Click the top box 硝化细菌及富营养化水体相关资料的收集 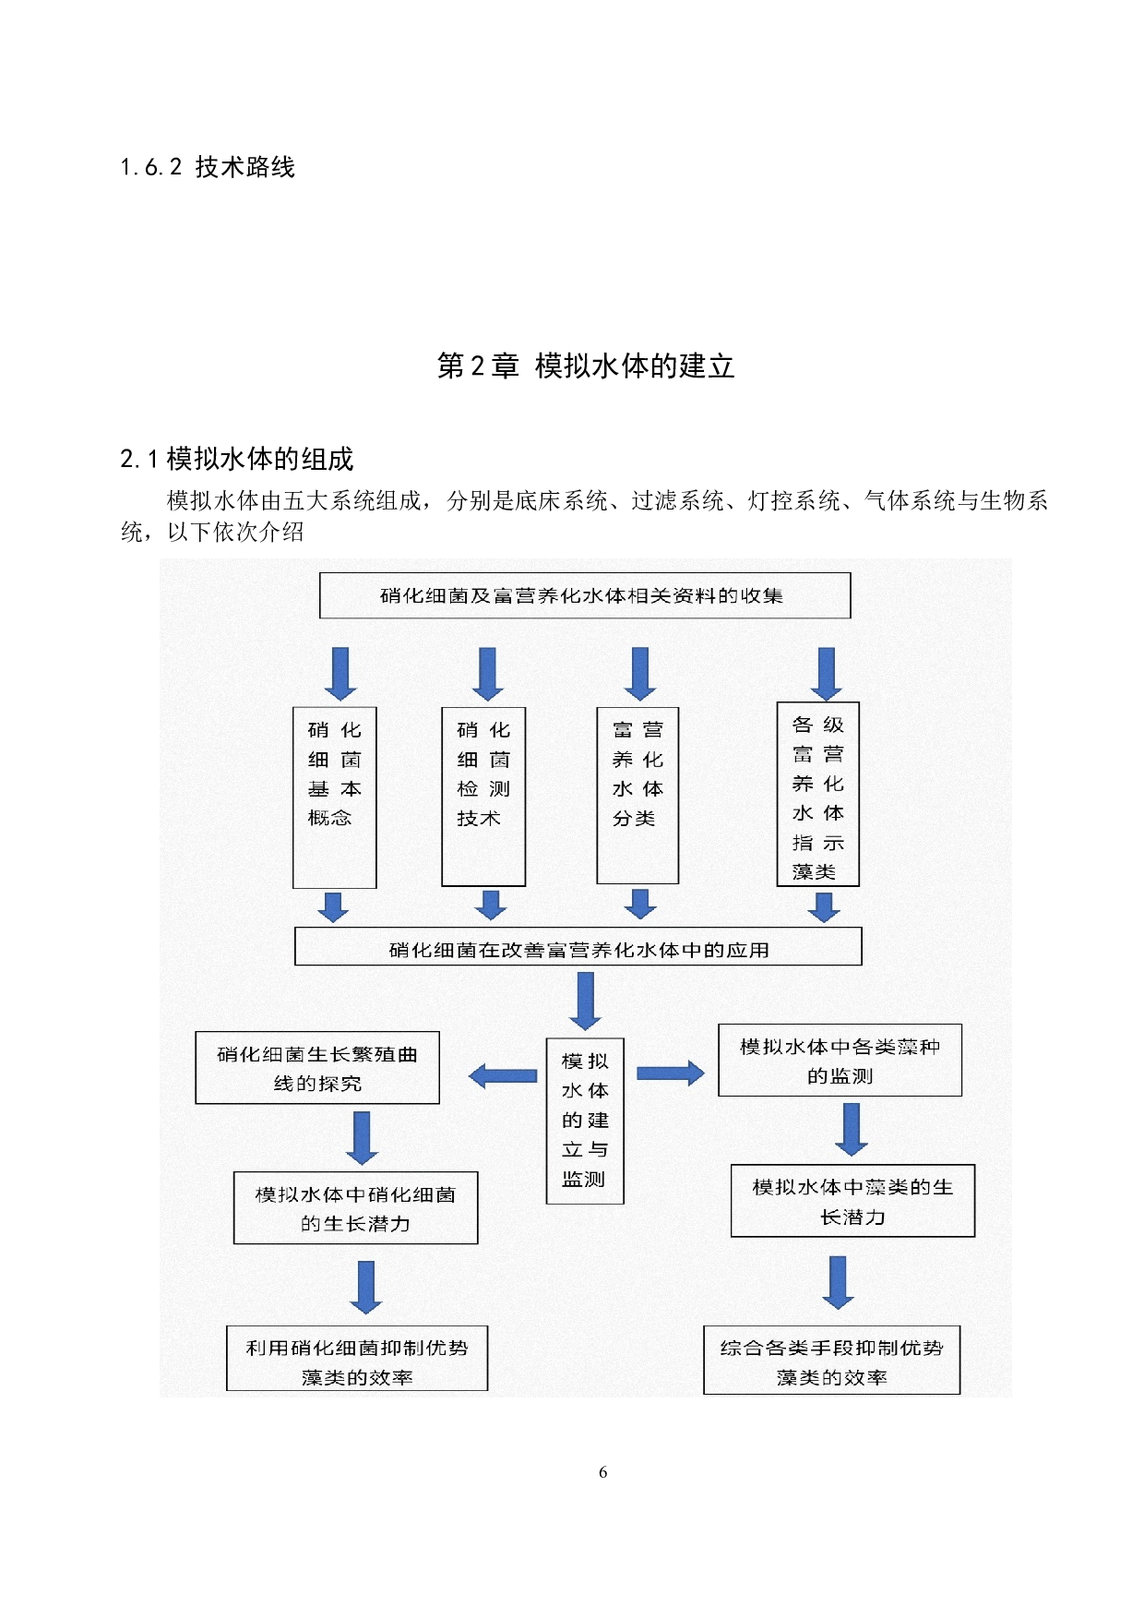coord(584,595)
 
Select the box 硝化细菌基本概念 coord(334,797)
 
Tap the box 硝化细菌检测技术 coord(483,797)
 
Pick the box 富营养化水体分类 coord(638,795)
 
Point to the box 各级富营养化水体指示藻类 coord(817,794)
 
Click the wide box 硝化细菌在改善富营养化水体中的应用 coord(578,947)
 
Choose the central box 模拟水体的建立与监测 coord(585,1121)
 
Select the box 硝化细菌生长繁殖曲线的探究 coord(317,1068)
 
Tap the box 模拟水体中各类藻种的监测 coord(840,1061)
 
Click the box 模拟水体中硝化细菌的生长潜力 coord(355,1208)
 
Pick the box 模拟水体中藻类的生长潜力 coord(852,1201)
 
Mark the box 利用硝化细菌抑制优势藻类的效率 coord(357,1359)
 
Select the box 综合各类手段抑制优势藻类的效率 coord(831,1360)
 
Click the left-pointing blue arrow coord(503,1075)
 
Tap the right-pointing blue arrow coord(670,1073)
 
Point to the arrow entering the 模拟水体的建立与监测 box coord(585,1001)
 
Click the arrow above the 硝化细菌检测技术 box coord(487,673)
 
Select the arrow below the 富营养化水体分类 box coord(640,904)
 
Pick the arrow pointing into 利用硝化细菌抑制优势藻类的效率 coord(366,1286)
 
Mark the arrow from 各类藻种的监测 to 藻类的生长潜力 coord(852,1129)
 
